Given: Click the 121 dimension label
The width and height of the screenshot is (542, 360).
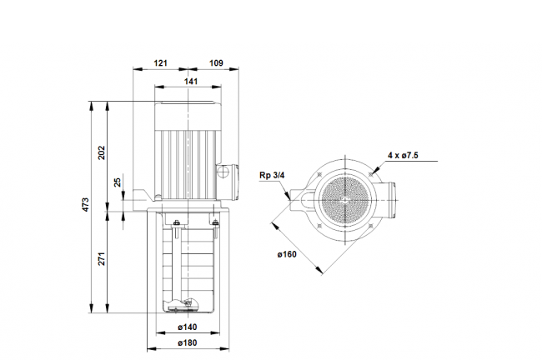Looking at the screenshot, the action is click(161, 62).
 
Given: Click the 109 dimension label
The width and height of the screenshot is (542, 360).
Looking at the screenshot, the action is click(217, 62).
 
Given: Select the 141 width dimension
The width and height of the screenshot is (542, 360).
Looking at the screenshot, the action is click(191, 81).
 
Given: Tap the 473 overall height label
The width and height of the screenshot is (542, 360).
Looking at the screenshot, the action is click(85, 204).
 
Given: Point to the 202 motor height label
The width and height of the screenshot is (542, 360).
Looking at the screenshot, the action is click(101, 152).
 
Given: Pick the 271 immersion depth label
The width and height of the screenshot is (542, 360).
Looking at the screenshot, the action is click(101, 259).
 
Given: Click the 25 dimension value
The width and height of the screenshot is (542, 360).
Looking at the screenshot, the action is click(118, 182).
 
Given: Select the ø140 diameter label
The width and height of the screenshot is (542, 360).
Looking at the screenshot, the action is click(188, 327).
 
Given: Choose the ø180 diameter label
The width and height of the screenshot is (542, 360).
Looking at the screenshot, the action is click(188, 342).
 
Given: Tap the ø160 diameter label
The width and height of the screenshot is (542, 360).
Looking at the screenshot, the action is click(287, 255).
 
